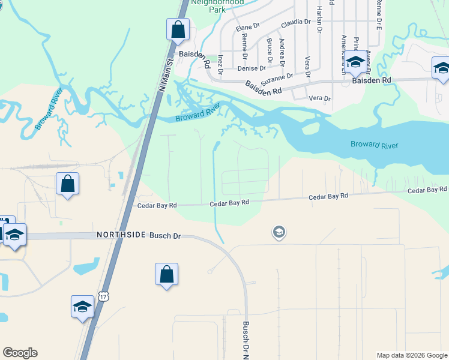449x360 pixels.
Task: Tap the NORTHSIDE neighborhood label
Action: [121, 235]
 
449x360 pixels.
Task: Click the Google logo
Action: [20, 353]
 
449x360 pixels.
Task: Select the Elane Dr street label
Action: [247, 27]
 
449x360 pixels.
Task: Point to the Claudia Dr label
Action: [295, 22]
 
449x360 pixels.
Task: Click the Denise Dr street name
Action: [251, 68]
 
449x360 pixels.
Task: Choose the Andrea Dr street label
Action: [283, 52]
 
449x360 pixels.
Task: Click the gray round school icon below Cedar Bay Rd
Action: [279, 232]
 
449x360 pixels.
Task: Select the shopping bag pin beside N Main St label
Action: [178, 29]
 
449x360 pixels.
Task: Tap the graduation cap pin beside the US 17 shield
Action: [82, 307]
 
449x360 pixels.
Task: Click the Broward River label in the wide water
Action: [375, 145]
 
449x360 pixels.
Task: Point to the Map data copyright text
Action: [411, 355]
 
